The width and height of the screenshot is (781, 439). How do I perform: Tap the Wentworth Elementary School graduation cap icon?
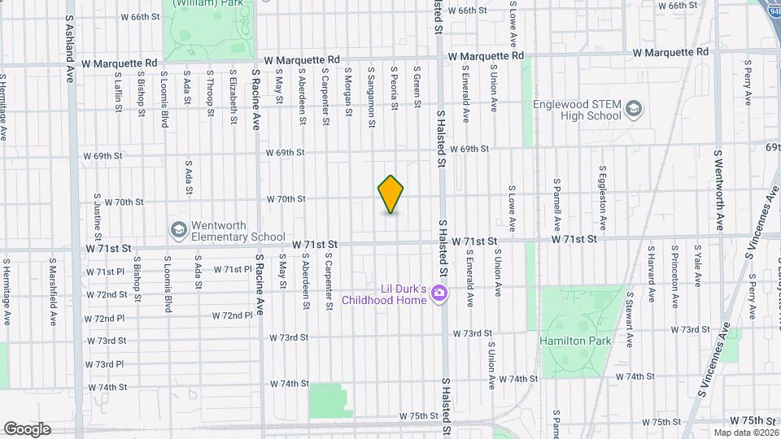[177, 231]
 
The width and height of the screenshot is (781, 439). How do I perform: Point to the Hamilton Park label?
[575, 341]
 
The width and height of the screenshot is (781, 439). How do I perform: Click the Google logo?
[27, 428]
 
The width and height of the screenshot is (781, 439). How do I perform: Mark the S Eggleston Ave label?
[603, 200]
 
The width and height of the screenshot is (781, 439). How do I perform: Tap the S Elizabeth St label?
[233, 88]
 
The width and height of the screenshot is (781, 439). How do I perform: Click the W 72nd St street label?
[107, 294]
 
